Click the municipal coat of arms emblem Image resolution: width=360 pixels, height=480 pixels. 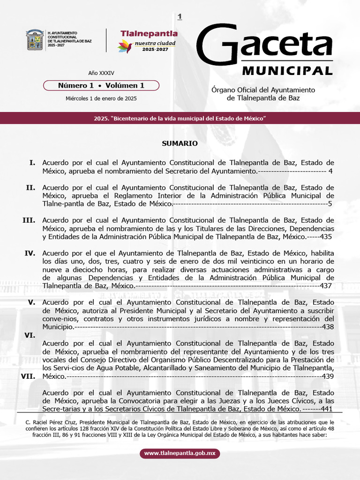pyautogui.click(x=35, y=40)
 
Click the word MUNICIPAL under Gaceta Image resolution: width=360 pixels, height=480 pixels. pyautogui.click(x=287, y=70)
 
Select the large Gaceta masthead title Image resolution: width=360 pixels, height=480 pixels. pyautogui.click(x=264, y=45)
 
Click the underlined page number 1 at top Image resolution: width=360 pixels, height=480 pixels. pyautogui.click(x=180, y=17)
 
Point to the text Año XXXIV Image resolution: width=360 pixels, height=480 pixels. pyautogui.click(x=101, y=73)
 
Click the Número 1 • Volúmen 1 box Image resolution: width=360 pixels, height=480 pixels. pyautogui.click(x=101, y=85)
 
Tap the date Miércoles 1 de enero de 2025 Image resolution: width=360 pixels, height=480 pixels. pyautogui.click(x=101, y=98)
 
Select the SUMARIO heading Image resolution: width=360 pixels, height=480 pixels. pyautogui.click(x=180, y=143)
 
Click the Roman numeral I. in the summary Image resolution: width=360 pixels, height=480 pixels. pyautogui.click(x=32, y=163)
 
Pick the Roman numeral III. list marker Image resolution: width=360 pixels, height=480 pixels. pyautogui.click(x=29, y=220)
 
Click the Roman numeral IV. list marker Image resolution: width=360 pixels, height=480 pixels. pyautogui.click(x=30, y=253)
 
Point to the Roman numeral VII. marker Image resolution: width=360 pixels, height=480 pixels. pyautogui.click(x=29, y=376)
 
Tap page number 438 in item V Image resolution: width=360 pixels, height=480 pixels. pyautogui.click(x=328, y=327)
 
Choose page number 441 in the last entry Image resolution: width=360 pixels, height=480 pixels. pyautogui.click(x=327, y=409)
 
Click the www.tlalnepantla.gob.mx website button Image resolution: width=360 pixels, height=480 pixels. pyautogui.click(x=180, y=453)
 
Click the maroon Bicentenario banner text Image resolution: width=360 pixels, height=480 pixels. pyautogui.click(x=180, y=119)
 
